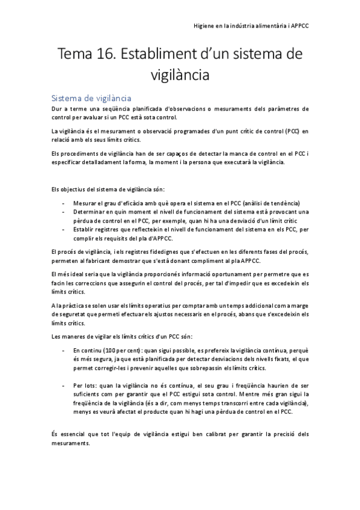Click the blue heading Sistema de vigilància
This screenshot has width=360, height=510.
point(91,97)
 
